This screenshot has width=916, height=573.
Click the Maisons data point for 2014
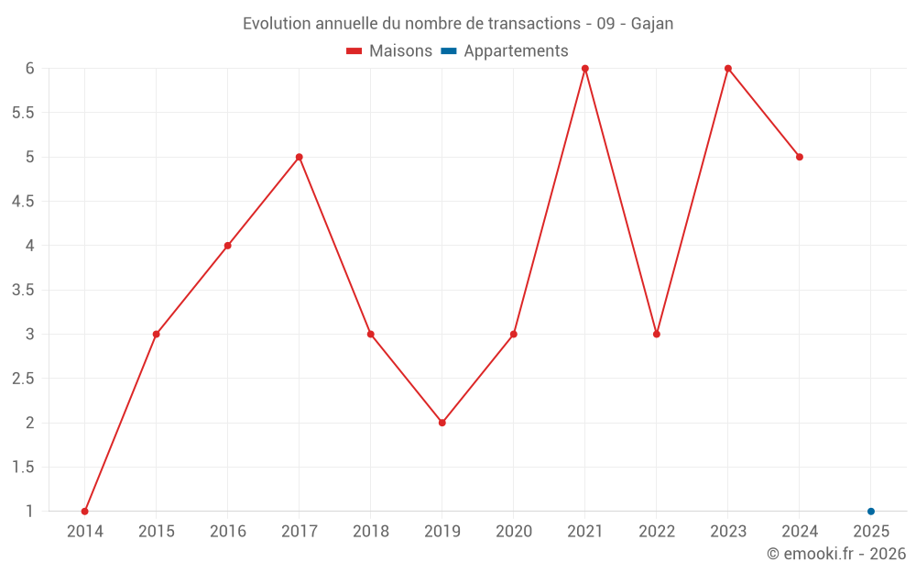point(84,512)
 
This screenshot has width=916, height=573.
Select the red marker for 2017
point(300,157)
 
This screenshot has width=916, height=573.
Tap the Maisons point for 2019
point(442,423)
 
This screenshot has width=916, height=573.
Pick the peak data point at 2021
point(585,69)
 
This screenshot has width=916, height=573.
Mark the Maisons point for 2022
point(657,334)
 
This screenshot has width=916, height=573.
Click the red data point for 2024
point(800,157)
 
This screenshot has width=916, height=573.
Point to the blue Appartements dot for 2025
point(871,512)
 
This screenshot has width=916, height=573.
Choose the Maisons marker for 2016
point(228,246)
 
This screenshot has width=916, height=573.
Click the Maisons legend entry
point(389,51)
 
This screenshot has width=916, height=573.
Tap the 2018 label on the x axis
point(371,532)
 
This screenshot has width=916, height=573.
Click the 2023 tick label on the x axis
point(728,532)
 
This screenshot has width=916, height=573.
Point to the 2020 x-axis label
point(514,532)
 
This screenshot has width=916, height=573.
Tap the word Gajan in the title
point(652,24)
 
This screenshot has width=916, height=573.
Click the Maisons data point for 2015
point(157,334)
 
